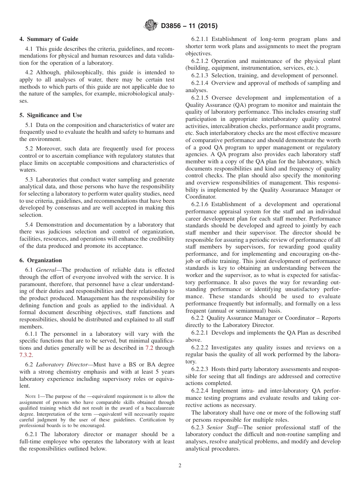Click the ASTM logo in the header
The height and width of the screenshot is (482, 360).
click(151, 26)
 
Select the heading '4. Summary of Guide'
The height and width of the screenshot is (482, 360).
click(49, 39)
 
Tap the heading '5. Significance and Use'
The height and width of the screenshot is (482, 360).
click(51, 115)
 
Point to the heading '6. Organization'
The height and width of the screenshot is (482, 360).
click(41, 260)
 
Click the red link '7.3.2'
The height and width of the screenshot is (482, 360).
click(26, 355)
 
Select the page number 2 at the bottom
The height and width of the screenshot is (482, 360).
click(180, 466)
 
